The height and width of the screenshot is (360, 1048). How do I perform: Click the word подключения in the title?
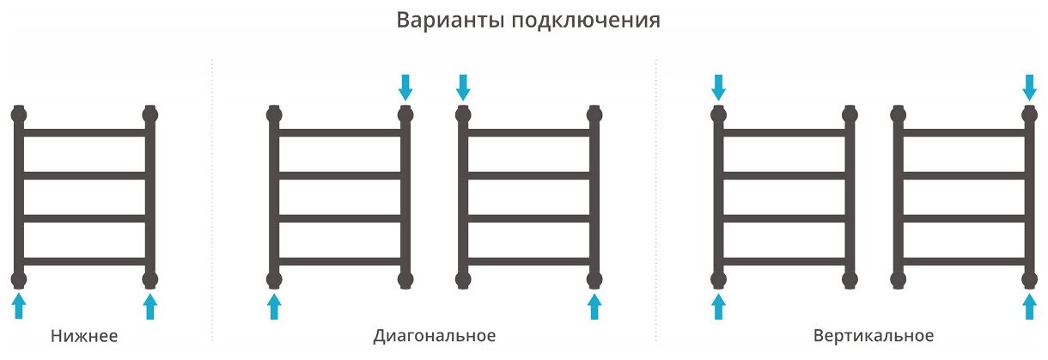pyautogui.click(x=587, y=21)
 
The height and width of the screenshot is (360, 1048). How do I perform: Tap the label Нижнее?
pyautogui.click(x=84, y=335)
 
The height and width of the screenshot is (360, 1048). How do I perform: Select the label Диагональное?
pyautogui.click(x=435, y=335)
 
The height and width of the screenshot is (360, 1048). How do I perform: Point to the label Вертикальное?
pyautogui.click(x=872, y=335)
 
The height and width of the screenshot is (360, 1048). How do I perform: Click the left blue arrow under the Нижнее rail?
pyautogui.click(x=20, y=306)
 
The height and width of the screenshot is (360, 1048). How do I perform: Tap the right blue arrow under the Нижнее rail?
pyautogui.click(x=150, y=306)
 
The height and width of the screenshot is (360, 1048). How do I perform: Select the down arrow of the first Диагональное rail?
pyautogui.click(x=405, y=86)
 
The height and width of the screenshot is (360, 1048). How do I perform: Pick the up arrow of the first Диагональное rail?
pyautogui.click(x=274, y=306)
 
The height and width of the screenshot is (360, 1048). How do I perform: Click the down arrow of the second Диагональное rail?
pyautogui.click(x=463, y=86)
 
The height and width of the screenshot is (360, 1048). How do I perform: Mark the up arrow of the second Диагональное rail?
pyautogui.click(x=594, y=306)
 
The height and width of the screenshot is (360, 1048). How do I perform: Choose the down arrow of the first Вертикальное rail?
pyautogui.click(x=719, y=86)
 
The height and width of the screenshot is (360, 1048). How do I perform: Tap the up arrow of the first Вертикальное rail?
pyautogui.click(x=719, y=306)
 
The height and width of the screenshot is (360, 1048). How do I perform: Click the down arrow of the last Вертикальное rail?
pyautogui.click(x=1029, y=86)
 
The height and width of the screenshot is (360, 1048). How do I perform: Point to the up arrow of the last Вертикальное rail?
pyautogui.click(x=1029, y=306)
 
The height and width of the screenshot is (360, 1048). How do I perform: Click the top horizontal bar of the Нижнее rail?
pyautogui.click(x=85, y=133)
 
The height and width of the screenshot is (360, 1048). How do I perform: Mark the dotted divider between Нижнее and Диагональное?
pyautogui.click(x=212, y=198)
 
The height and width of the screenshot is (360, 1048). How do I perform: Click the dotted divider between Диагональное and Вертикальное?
pyautogui.click(x=656, y=198)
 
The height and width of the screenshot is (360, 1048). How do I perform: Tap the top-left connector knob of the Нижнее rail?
pyautogui.click(x=20, y=113)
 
